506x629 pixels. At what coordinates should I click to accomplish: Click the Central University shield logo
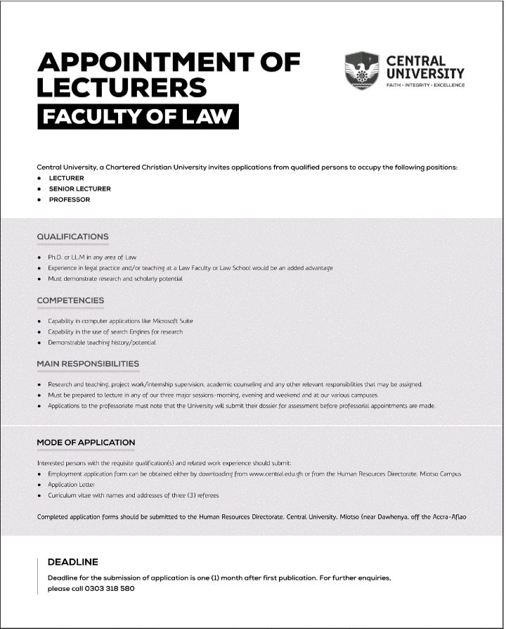361,70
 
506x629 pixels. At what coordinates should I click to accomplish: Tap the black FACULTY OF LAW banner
138,117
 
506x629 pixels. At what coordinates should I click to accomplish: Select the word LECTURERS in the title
122,88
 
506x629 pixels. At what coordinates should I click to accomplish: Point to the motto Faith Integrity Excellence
425,85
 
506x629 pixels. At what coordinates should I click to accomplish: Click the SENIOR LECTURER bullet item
79,189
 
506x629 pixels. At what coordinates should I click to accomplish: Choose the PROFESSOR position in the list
69,200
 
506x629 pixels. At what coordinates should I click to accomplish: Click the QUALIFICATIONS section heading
72,236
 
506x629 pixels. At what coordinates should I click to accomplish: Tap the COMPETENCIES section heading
70,300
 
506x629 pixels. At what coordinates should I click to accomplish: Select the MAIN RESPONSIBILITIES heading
88,364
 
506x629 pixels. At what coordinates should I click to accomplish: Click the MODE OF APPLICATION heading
86,443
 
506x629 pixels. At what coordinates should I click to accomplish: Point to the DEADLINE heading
72,562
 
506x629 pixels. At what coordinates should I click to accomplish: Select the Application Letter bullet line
71,485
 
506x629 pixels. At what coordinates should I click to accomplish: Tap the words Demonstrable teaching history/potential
101,342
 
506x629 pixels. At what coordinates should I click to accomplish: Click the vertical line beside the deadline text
37,576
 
